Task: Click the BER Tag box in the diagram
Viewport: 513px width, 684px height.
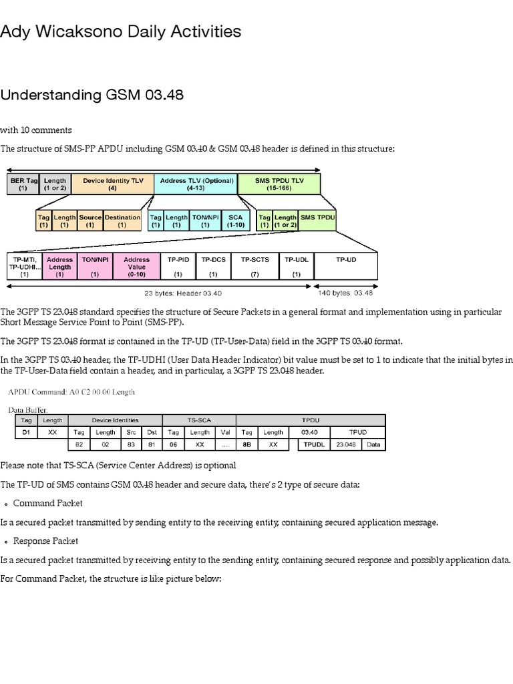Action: tap(23, 184)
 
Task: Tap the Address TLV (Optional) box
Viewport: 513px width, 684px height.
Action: tap(195, 184)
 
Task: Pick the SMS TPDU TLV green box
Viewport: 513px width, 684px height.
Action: tap(279, 184)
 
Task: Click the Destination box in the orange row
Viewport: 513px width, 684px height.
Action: tap(122, 220)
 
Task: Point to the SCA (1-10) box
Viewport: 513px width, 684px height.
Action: tap(235, 220)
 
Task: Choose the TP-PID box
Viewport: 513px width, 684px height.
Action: tap(178, 266)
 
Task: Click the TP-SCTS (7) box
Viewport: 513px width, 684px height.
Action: tap(254, 266)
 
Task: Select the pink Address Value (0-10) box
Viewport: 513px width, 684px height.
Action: tap(137, 266)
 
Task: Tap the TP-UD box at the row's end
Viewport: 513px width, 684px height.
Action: tap(345, 266)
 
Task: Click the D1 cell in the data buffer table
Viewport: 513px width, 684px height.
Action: tap(26, 432)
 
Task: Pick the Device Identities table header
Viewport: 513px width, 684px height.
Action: tap(115, 420)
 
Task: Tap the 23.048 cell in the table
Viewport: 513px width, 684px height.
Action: tap(345, 444)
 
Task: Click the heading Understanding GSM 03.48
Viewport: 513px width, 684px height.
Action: tap(92, 95)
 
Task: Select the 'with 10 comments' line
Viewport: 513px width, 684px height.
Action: tap(36, 130)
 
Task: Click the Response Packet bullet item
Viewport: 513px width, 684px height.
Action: tap(45, 540)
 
